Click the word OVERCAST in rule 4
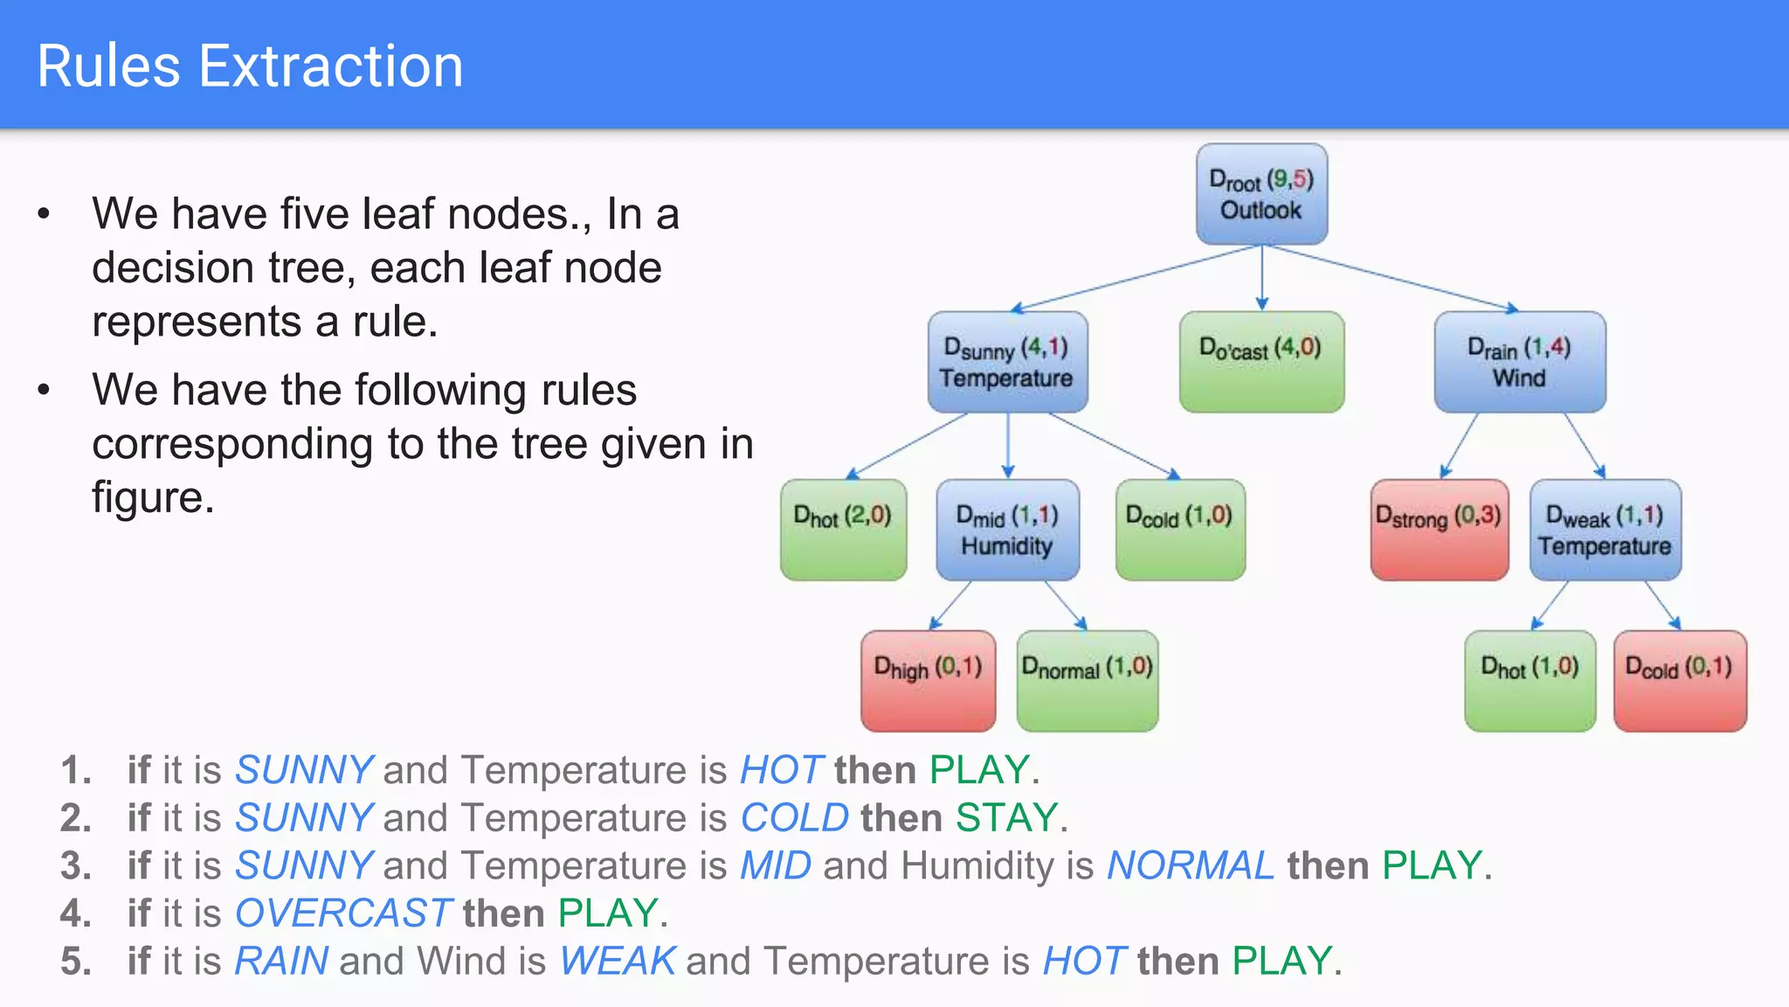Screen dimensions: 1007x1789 point(343,913)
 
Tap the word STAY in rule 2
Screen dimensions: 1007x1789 point(1006,818)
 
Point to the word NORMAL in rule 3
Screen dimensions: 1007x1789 point(1191,865)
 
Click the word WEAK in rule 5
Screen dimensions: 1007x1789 point(618,962)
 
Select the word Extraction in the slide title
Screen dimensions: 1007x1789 point(331,66)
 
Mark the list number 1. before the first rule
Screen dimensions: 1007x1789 point(76,770)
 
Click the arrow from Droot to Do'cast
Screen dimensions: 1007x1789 point(1261,278)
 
